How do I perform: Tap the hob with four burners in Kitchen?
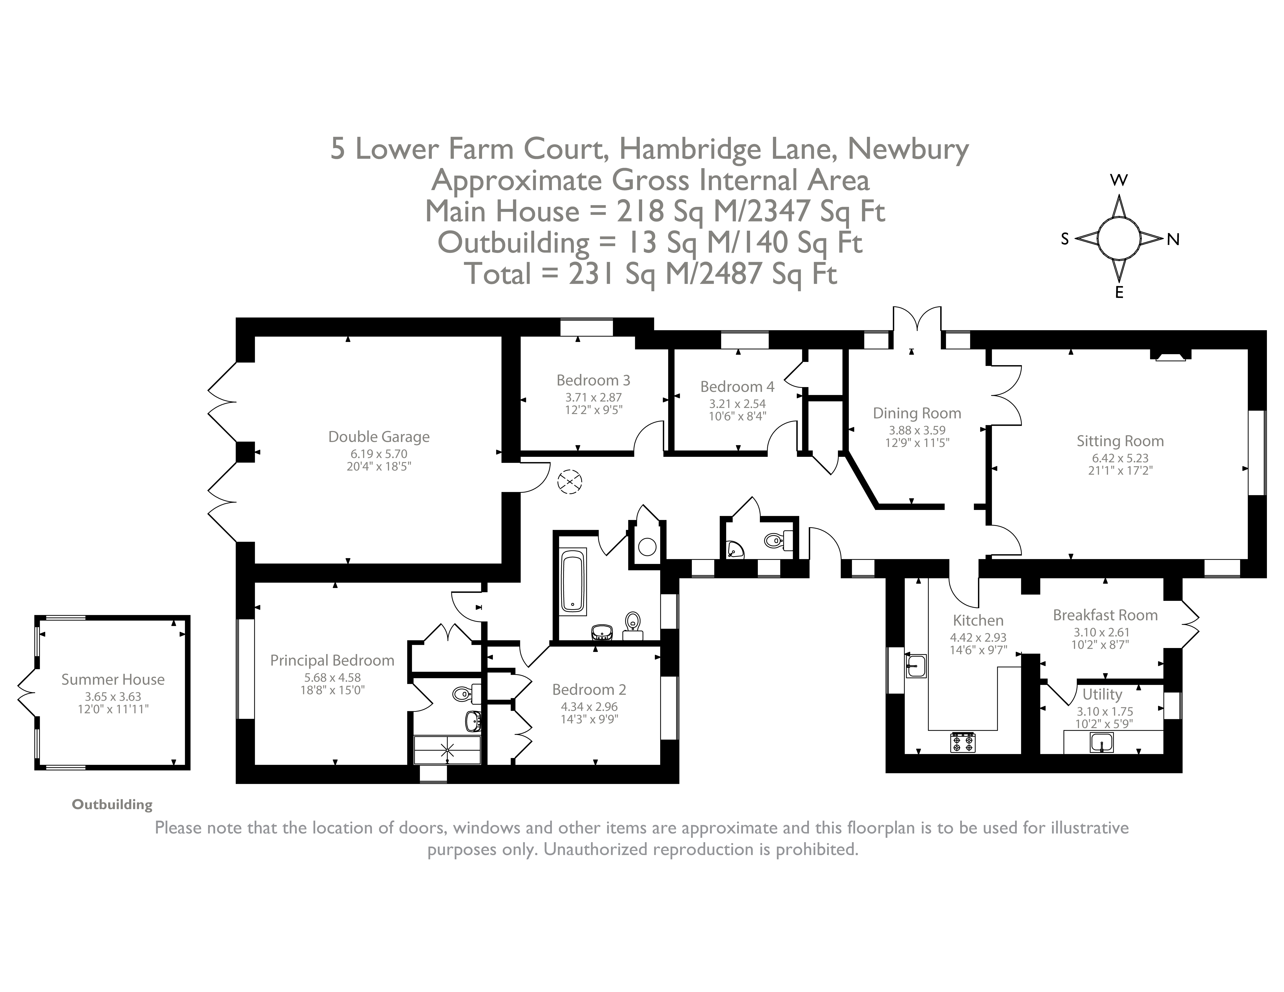point(963,742)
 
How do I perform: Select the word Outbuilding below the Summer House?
point(112,805)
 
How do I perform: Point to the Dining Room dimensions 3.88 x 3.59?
point(917,430)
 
